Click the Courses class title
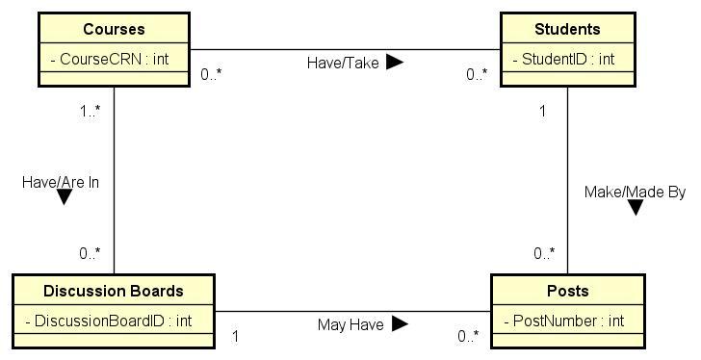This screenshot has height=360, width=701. click(114, 29)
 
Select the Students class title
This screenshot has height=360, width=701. click(567, 29)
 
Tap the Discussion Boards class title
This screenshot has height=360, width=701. click(113, 291)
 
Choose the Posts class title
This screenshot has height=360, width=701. click(567, 291)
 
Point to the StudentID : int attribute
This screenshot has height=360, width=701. click(563, 59)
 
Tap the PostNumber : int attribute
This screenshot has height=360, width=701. click(563, 321)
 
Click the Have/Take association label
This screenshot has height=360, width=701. click(343, 63)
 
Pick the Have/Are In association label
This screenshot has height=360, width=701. click(61, 181)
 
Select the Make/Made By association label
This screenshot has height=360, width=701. click(635, 193)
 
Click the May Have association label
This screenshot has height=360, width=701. click(350, 325)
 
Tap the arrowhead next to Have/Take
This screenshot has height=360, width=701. click(395, 63)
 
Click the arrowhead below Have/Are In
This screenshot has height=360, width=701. click(65, 197)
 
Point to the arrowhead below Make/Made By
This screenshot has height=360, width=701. click(636, 207)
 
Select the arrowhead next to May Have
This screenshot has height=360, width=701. click(400, 324)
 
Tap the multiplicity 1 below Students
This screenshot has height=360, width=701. click(542, 111)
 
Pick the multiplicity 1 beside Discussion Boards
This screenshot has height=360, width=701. click(236, 336)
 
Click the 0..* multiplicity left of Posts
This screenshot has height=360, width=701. click(468, 336)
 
